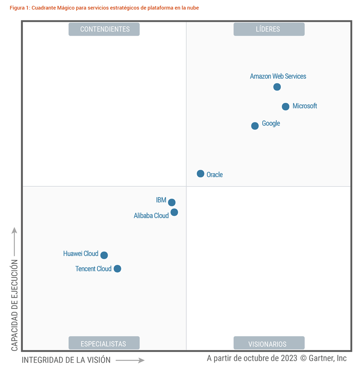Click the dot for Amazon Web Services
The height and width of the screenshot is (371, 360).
pos(277,87)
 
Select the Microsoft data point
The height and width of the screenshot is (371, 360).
pos(285,107)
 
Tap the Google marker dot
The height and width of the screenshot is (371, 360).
pos(255,126)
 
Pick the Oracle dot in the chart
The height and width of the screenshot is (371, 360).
pos(201,174)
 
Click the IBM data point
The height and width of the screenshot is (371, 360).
pos(172,202)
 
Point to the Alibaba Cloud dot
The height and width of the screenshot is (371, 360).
pos(174,212)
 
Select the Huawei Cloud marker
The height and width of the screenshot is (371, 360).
pos(104,255)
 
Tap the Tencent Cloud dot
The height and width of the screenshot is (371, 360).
pos(117,269)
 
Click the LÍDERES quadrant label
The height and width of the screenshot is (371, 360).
pos(268,29)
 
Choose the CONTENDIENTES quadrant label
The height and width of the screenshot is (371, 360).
pos(104,29)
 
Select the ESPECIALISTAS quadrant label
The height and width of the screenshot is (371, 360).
pos(104,344)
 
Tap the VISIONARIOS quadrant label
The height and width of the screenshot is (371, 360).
pos(268,344)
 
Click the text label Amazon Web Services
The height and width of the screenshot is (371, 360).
pos(278,76)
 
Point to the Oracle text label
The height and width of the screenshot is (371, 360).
pos(215,175)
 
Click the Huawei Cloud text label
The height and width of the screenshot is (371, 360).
pos(81,254)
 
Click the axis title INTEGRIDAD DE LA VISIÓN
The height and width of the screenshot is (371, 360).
pos(66,360)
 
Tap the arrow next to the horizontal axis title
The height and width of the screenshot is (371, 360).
pos(130,360)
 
